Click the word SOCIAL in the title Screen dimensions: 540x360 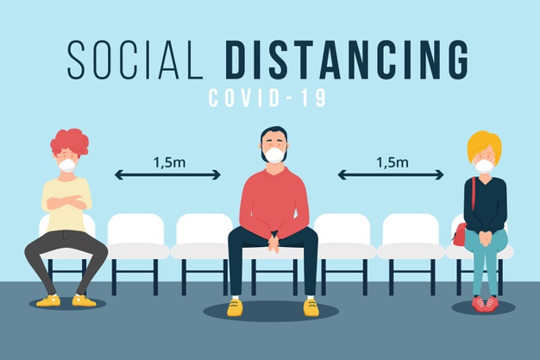(135, 60)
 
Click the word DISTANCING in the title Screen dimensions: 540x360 (348, 60)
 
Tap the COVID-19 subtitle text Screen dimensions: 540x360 (267, 98)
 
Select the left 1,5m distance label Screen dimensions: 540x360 (169, 162)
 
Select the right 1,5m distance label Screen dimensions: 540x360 (392, 162)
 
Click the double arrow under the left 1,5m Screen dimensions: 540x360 (167, 175)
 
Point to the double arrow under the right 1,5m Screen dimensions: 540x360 (391, 175)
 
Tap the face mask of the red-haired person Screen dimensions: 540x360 (66, 166)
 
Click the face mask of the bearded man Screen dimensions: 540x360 (274, 155)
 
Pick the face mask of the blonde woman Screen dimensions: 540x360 (485, 166)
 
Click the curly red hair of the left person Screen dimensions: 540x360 (70, 142)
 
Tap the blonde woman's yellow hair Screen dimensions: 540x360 (484, 145)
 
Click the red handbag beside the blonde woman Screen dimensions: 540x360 (460, 235)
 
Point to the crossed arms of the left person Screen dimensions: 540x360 (66, 202)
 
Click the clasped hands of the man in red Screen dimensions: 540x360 (273, 243)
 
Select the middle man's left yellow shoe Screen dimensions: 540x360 (235, 307)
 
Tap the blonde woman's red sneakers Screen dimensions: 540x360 (486, 304)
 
